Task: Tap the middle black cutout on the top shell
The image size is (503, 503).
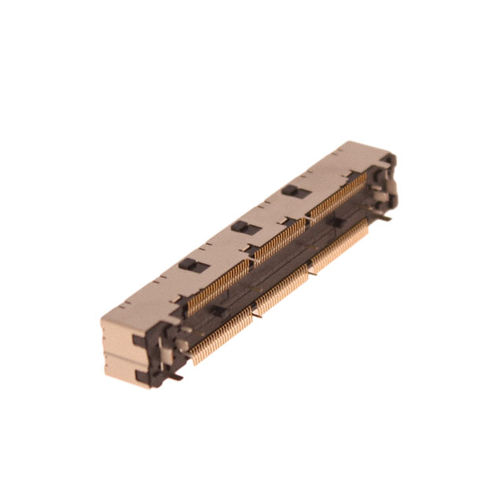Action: (244, 227)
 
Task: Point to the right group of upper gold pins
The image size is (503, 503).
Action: (338, 196)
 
